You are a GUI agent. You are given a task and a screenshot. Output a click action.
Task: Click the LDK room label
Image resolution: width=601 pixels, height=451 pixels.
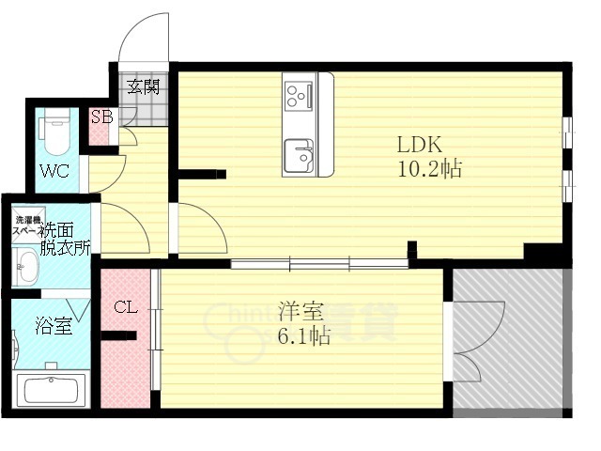(x=420, y=147)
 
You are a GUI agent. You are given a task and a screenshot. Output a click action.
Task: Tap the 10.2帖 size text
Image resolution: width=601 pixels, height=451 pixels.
(x=428, y=170)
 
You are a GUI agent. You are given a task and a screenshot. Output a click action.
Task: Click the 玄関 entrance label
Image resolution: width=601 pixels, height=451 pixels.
(x=144, y=88)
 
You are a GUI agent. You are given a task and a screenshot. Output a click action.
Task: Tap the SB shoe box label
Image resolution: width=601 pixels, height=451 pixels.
(x=101, y=117)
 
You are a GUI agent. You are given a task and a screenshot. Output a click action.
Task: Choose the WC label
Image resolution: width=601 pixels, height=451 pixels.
(x=54, y=172)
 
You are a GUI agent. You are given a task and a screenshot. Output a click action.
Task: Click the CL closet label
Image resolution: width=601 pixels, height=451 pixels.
(x=127, y=306)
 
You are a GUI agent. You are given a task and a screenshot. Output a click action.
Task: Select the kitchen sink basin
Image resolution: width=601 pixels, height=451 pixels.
(x=300, y=154)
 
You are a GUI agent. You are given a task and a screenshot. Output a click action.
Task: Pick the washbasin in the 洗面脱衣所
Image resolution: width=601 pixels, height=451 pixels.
(x=25, y=265)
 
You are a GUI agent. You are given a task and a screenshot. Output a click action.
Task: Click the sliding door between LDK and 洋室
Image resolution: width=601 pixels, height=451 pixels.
(x=319, y=264)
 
